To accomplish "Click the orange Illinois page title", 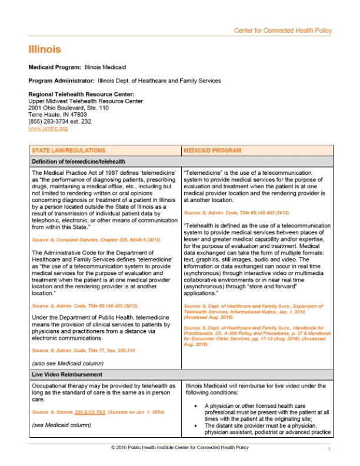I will coord(44,49).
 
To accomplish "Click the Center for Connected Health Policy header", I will coord(282,31).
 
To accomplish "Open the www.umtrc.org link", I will coord(48,128).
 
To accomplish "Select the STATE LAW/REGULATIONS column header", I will coord(69,151).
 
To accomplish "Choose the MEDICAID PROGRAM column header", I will coord(212,151).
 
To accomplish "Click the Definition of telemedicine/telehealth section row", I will coord(78,161).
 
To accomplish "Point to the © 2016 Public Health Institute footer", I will coord(179,448).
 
